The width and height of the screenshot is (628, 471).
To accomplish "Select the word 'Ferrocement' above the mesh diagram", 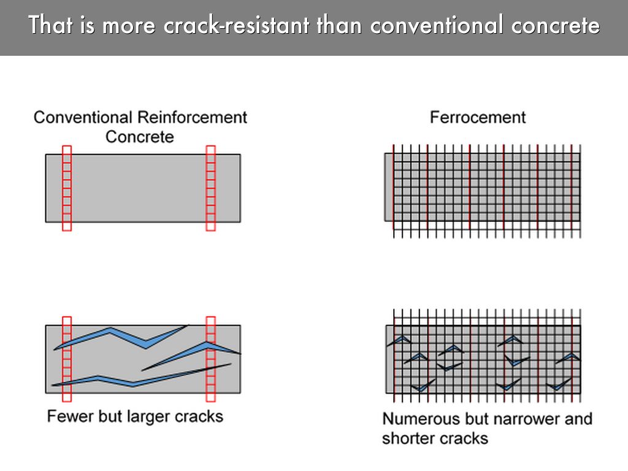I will [478, 117].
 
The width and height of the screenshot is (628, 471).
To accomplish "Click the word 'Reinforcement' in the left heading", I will [192, 117].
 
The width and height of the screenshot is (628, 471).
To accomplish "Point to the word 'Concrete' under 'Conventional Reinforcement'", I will [140, 136].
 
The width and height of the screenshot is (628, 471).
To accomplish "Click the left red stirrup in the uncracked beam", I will [67, 188].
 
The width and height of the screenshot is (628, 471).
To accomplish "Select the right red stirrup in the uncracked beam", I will [211, 188].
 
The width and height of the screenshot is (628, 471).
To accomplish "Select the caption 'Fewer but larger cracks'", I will [135, 416].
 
